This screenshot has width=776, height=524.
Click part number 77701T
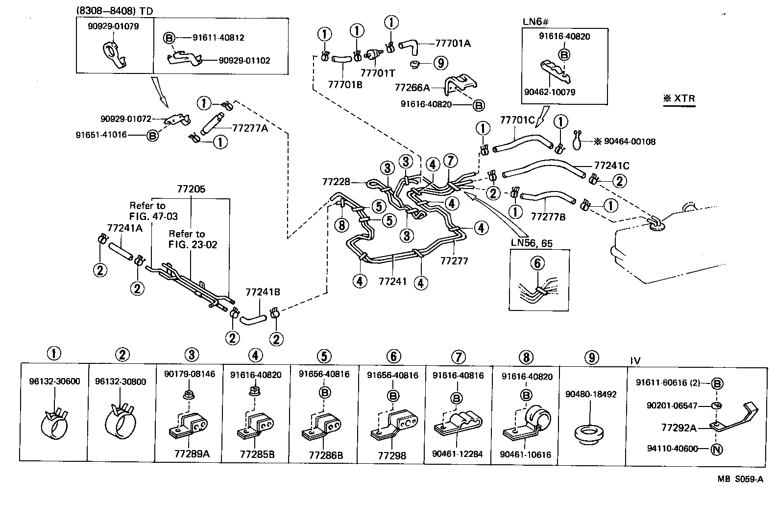(377, 73)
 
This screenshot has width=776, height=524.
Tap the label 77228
(336, 182)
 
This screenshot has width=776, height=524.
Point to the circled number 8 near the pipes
(341, 225)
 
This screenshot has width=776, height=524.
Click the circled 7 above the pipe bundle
(450, 160)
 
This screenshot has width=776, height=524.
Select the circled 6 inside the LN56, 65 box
(537, 263)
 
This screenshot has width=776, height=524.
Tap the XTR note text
(679, 98)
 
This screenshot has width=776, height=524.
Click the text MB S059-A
(740, 479)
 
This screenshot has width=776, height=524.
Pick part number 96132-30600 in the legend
(54, 381)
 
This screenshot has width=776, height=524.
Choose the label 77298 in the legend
(392, 455)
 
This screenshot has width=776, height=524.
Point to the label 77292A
(679, 428)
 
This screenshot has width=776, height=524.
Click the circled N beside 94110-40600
(716, 449)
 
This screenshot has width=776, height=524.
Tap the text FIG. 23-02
(193, 244)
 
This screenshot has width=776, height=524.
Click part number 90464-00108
(630, 142)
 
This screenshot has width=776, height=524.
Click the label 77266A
(412, 87)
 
